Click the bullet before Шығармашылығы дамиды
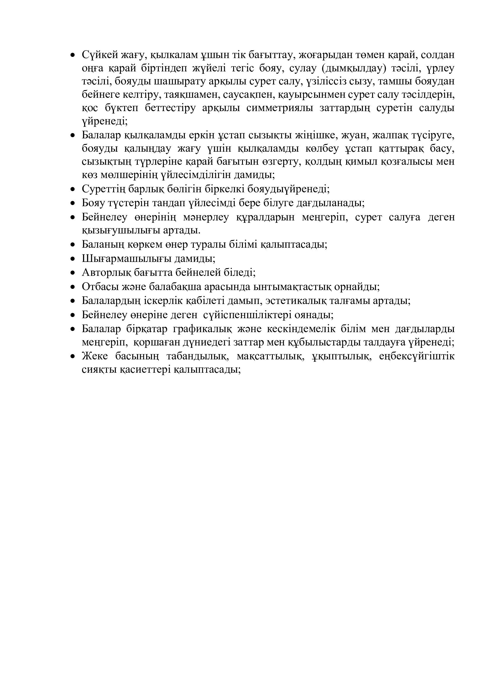point(72,259)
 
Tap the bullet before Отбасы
point(72,287)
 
